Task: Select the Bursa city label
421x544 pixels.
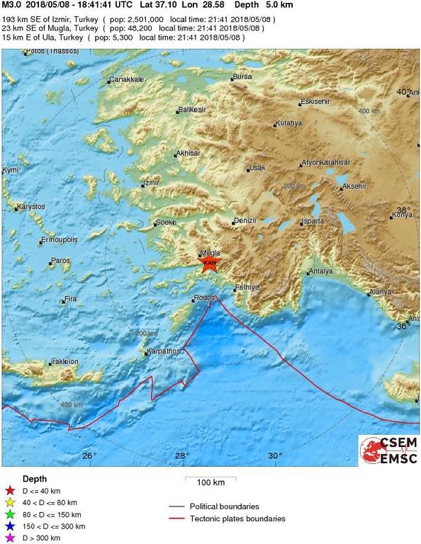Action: coord(242,76)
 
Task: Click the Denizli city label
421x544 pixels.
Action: coord(245,222)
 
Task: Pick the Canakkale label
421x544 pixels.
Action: coord(128,80)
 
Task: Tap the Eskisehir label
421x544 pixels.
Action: coord(315,102)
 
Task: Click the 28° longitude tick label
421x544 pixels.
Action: coord(182,455)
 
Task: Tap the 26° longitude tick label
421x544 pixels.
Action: coord(89,455)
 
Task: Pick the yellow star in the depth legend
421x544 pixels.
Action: coord(10,501)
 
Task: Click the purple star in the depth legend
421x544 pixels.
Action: coord(10,539)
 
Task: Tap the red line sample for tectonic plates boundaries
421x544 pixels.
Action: coord(177,519)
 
